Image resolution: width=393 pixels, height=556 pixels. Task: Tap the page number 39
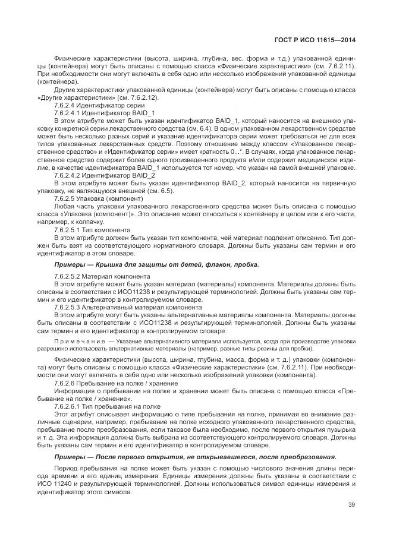click(x=351, y=506)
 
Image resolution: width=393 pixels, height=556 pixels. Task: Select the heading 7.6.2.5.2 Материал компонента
click(x=102, y=276)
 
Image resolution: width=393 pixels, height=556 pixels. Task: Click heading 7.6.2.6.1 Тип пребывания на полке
click(x=107, y=406)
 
